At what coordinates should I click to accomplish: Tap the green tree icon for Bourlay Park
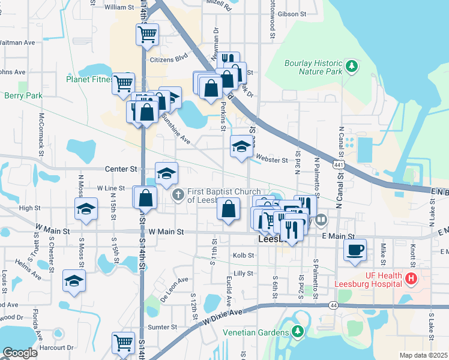tap(352, 65)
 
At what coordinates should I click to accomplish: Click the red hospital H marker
tap(411, 278)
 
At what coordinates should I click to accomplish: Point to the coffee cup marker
tap(355, 249)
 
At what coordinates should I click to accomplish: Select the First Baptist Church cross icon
tap(178, 195)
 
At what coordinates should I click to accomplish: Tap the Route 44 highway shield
tap(333, 305)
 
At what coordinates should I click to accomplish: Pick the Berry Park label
tap(23, 95)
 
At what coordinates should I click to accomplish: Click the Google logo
tap(20, 353)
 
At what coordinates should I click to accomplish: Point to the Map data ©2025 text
tap(423, 355)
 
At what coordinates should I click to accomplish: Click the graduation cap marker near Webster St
tap(241, 146)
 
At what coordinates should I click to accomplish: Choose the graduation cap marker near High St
tap(86, 209)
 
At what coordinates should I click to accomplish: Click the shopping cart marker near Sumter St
tap(123, 343)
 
